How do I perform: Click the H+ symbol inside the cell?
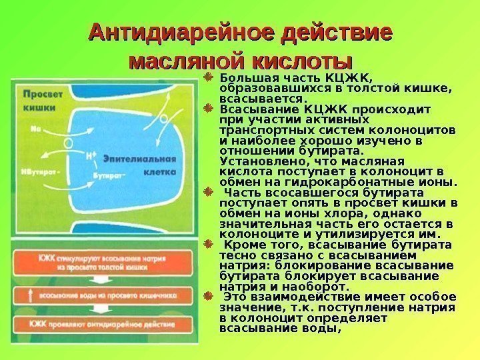(92, 155)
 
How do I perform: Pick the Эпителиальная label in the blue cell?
(139, 159)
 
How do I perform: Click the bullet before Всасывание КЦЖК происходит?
(207, 107)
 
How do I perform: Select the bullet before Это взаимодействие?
(207, 295)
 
